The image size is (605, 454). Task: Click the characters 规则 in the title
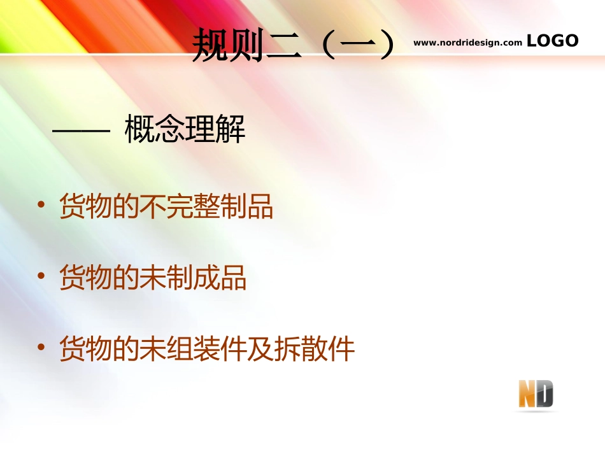[229, 46]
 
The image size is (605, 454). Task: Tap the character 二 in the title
[283, 46]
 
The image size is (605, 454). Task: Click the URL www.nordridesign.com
[467, 43]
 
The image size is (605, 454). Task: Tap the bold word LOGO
[553, 41]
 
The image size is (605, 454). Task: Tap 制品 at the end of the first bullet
[246, 207]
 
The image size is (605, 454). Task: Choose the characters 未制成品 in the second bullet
[193, 278]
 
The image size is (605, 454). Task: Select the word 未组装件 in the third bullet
[193, 350]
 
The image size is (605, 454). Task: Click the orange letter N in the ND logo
[528, 395]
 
